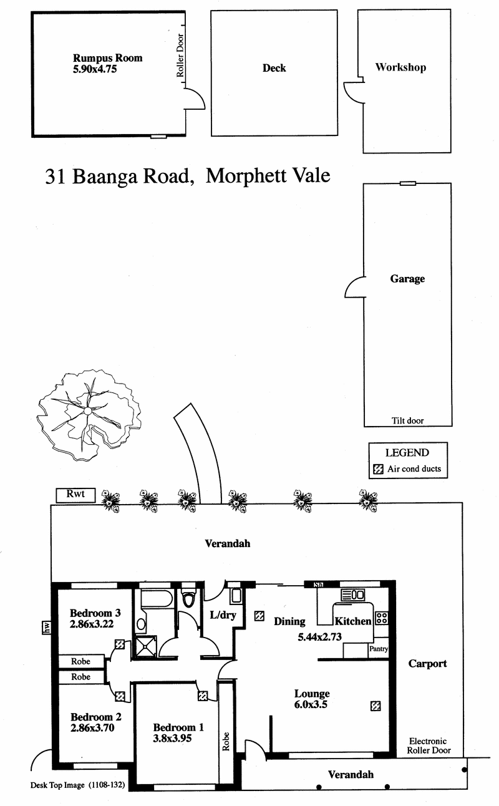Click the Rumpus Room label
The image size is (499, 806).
click(x=108, y=58)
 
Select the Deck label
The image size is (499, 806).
click(x=274, y=68)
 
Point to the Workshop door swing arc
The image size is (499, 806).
click(x=351, y=94)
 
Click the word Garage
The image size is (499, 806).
click(x=407, y=279)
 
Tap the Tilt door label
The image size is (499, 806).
click(x=407, y=420)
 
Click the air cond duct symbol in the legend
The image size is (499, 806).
click(x=377, y=469)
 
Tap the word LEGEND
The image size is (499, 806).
click(x=407, y=453)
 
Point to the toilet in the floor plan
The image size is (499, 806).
click(x=189, y=600)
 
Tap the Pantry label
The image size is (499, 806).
click(x=379, y=649)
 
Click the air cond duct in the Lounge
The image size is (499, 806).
click(x=375, y=706)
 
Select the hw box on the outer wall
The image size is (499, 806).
click(x=46, y=627)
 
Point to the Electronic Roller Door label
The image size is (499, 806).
click(x=429, y=745)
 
